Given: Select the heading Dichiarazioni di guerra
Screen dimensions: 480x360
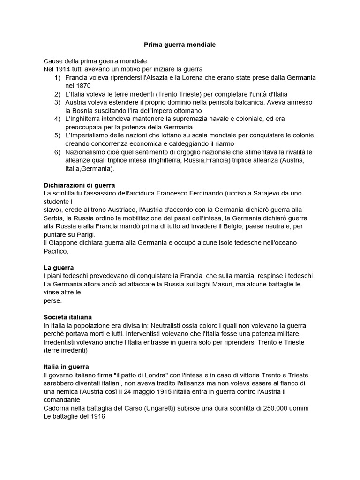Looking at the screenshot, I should point(79,185).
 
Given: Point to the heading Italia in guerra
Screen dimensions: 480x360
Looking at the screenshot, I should point(66,367).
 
